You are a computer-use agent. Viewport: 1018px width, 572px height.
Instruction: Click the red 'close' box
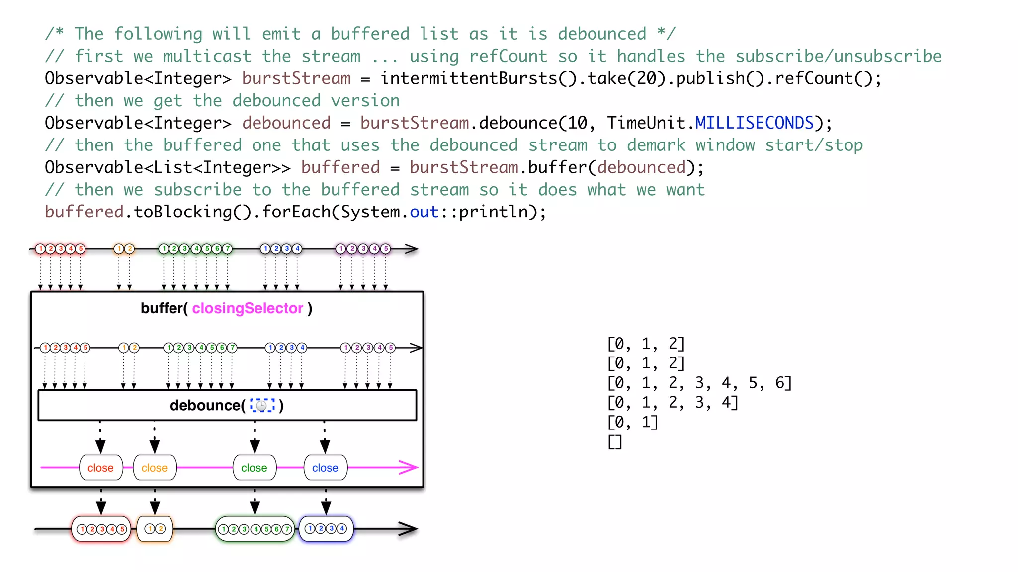pos(101,468)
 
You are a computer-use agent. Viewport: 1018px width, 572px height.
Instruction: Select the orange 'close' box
pos(155,468)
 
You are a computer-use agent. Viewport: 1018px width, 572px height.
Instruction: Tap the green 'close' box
pos(254,468)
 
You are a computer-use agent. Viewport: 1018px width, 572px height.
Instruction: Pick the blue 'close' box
pos(325,468)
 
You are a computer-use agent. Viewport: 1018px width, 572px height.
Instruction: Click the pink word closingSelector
pos(248,308)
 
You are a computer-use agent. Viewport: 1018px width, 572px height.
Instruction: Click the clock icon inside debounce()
pos(262,406)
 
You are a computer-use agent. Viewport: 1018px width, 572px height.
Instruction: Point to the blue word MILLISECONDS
pos(754,123)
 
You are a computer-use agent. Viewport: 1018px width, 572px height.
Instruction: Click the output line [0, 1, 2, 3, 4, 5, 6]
pos(699,383)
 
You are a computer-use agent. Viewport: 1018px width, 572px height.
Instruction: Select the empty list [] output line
pos(615,441)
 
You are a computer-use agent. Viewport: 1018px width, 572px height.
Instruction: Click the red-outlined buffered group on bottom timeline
pos(101,529)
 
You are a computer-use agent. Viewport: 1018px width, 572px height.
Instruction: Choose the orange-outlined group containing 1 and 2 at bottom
pos(155,529)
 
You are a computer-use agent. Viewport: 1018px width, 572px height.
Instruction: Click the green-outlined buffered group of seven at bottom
pos(255,529)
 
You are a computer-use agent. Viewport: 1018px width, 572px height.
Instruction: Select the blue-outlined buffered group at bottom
pos(326,529)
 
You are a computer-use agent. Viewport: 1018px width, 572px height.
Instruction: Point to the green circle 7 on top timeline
pos(227,249)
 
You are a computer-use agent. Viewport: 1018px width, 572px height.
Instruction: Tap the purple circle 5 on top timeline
pos(386,249)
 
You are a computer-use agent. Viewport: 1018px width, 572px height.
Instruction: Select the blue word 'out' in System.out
pos(424,212)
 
